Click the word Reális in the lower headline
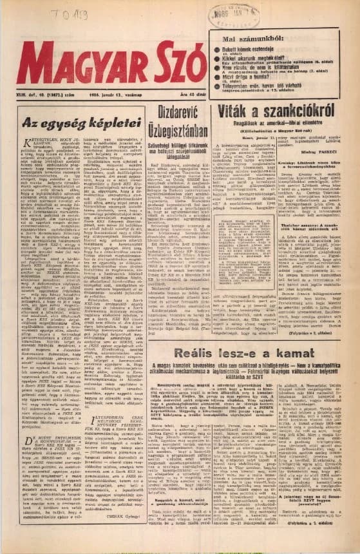pos(197,354)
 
